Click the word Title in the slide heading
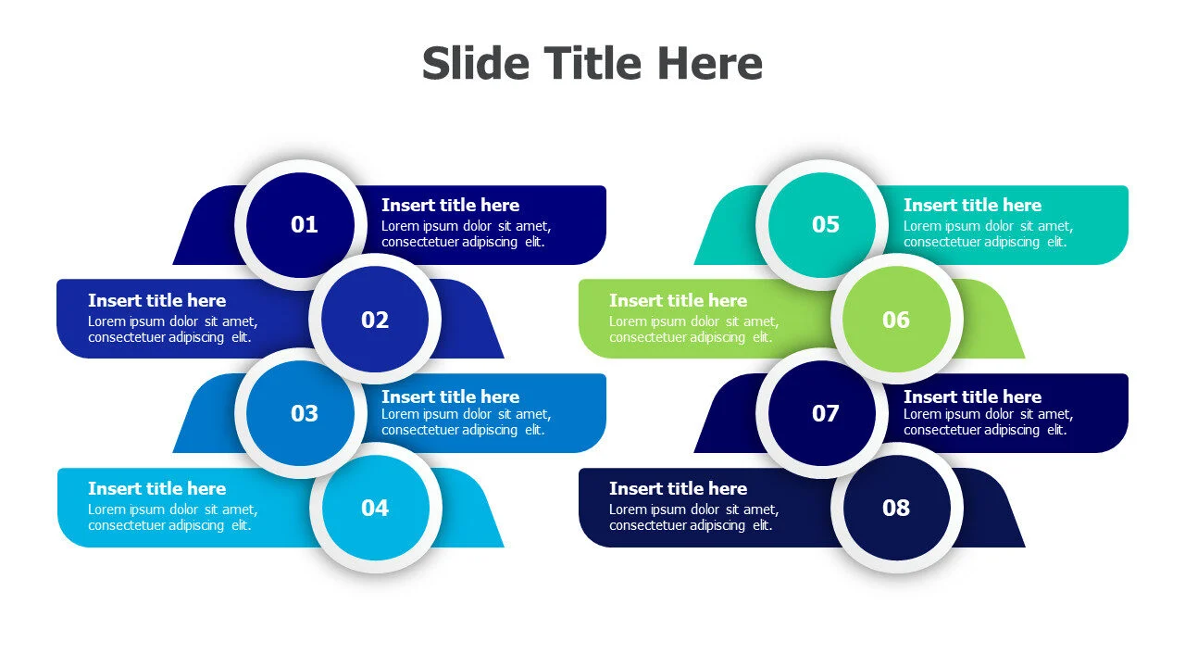pyautogui.click(x=592, y=63)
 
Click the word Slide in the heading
pyautogui.click(x=476, y=63)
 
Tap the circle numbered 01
pyautogui.click(x=301, y=224)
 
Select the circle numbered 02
pyautogui.click(x=375, y=320)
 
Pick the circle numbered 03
pyautogui.click(x=301, y=413)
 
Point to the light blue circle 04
pyautogui.click(x=376, y=508)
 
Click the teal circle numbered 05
pyautogui.click(x=822, y=224)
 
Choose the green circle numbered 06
pyautogui.click(x=897, y=320)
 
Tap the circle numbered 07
pyautogui.click(x=822, y=413)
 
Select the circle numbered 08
pyautogui.click(x=897, y=508)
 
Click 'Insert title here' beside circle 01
pyautogui.click(x=450, y=205)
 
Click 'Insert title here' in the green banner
pyautogui.click(x=679, y=300)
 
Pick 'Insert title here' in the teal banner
pyautogui.click(x=972, y=205)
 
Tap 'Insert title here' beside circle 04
pyautogui.click(x=157, y=488)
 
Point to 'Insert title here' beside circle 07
pyautogui.click(x=972, y=396)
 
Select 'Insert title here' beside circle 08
pyautogui.click(x=679, y=488)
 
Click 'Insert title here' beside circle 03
pyautogui.click(x=450, y=396)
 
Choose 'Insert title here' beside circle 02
pyautogui.click(x=157, y=300)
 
